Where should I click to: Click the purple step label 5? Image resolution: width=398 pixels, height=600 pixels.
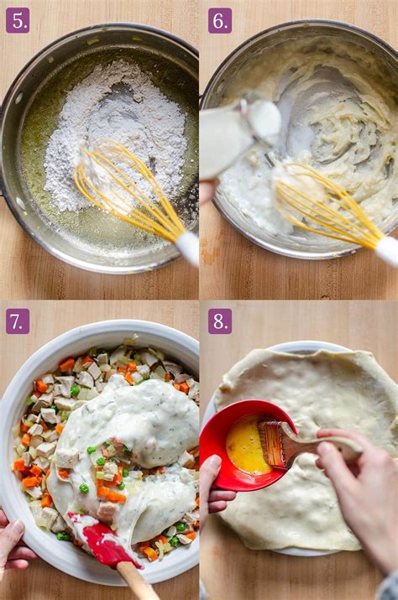click(18, 20)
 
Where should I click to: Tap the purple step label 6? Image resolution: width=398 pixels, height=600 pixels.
click(220, 20)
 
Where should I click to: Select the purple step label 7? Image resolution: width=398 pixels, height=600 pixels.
click(18, 321)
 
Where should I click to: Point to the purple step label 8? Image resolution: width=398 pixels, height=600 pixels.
click(220, 321)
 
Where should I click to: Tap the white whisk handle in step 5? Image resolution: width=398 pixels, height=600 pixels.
click(188, 247)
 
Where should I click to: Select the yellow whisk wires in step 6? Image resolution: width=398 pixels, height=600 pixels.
click(326, 206)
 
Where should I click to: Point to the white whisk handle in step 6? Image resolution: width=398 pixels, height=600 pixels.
click(388, 251)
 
